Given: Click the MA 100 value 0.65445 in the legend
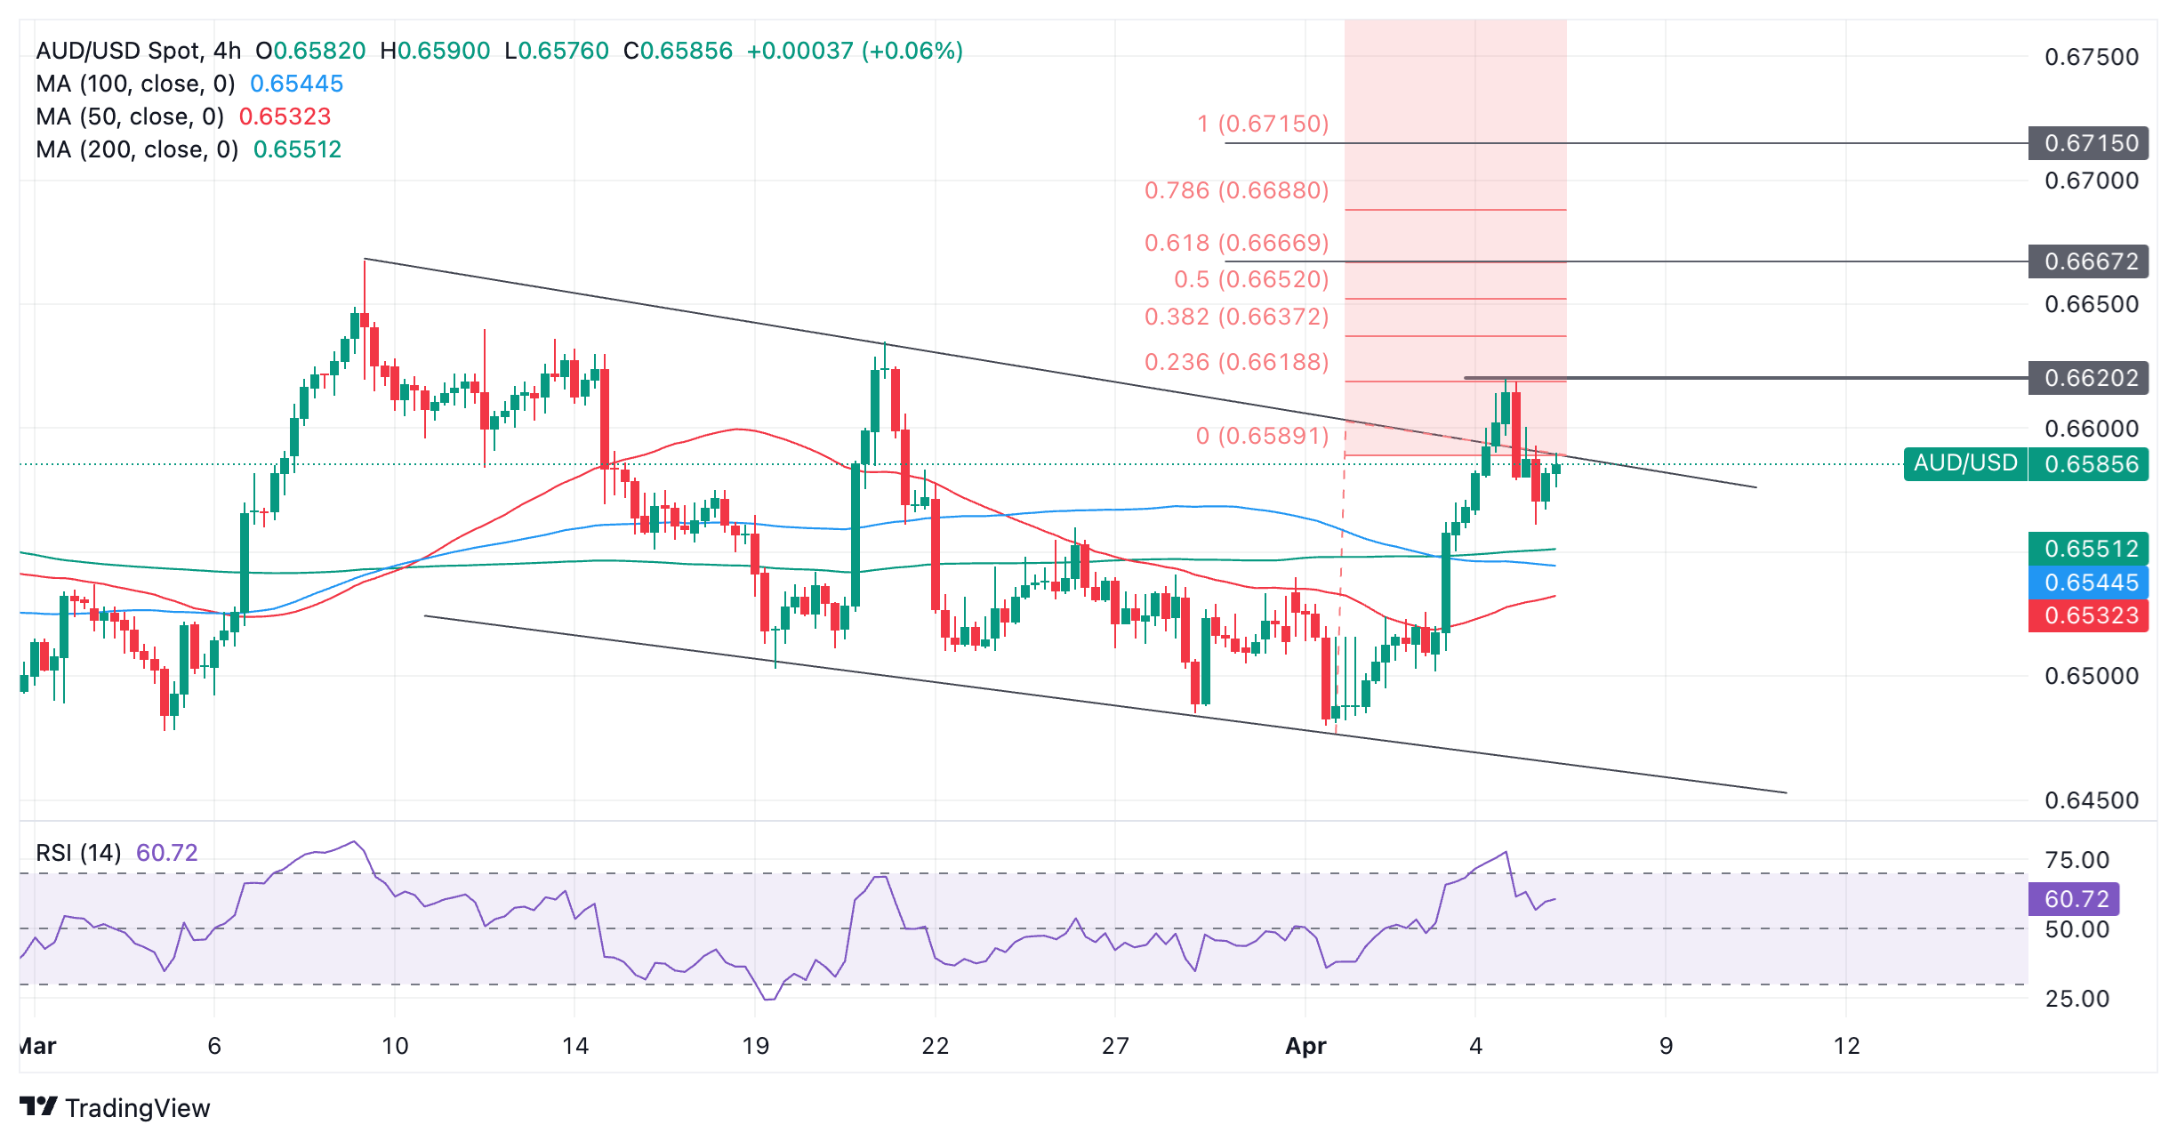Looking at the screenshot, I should tap(296, 84).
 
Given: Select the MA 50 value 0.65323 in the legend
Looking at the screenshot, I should tap(285, 117).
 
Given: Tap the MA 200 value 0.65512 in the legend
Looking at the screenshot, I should tap(297, 149).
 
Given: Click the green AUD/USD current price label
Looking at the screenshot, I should tap(1965, 463).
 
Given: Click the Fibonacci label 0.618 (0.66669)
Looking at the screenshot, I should tap(1236, 243).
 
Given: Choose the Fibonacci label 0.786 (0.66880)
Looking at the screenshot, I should tap(1236, 190).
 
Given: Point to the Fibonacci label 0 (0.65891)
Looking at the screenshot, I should tap(1262, 436).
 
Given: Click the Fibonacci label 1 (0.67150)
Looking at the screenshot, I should tap(1263, 124).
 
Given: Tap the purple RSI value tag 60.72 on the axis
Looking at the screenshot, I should tap(2074, 899).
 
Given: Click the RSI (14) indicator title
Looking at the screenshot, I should tap(78, 853).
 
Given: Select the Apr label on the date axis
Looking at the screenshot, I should tap(1305, 1046).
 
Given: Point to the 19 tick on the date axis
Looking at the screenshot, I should tap(755, 1046).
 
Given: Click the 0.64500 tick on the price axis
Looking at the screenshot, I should tap(2091, 800).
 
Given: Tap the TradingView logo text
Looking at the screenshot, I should tap(137, 1108).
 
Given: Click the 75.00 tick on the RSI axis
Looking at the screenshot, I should tap(2077, 860).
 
